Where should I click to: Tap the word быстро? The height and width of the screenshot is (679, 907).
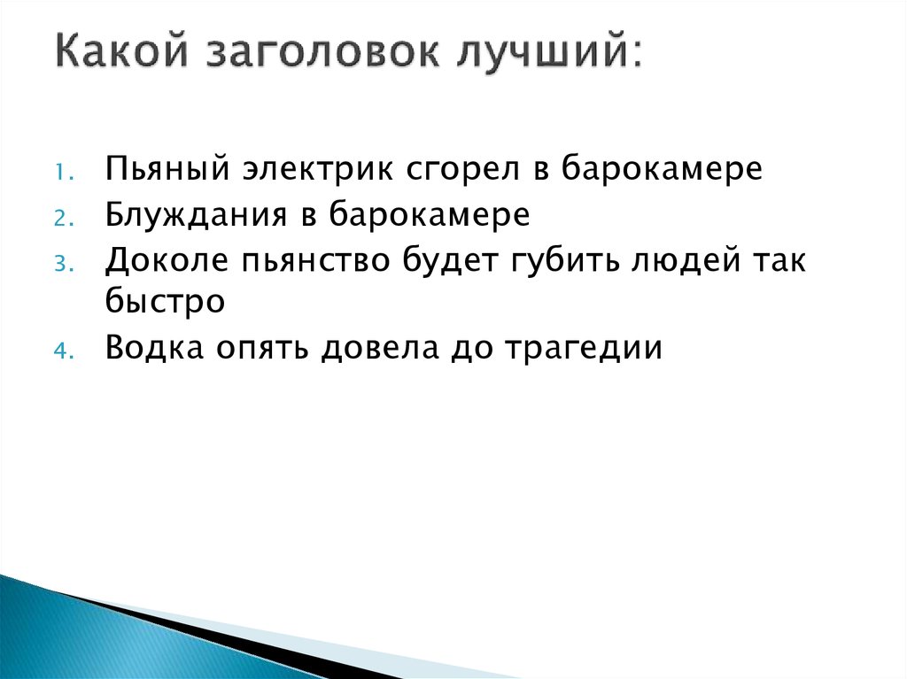(166, 304)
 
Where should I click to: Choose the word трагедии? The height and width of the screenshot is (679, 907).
(584, 348)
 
